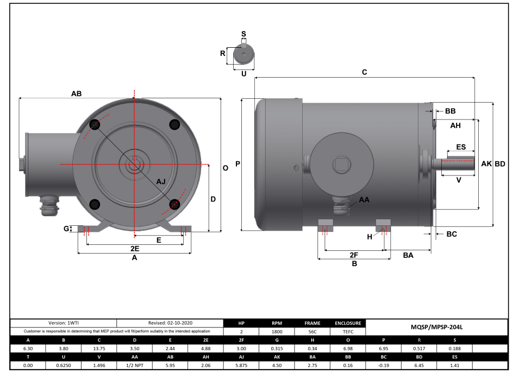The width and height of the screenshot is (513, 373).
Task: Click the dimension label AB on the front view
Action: (x=76, y=93)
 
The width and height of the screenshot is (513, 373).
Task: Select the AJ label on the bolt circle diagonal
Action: (x=161, y=181)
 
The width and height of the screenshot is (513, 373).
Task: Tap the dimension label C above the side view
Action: (x=365, y=72)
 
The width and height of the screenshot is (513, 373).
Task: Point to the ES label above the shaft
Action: (x=460, y=147)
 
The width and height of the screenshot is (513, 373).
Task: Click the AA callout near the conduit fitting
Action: (x=364, y=200)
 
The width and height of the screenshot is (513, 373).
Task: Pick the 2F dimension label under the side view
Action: (x=354, y=255)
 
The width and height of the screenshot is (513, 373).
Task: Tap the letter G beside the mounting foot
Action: (x=66, y=229)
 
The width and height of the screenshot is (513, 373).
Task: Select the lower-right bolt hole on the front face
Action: (x=174, y=204)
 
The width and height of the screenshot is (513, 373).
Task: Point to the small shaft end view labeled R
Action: (x=243, y=54)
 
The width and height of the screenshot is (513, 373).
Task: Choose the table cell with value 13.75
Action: (x=99, y=349)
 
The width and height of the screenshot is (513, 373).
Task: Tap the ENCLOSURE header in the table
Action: (x=348, y=323)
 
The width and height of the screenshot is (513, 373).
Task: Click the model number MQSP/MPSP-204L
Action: (x=436, y=327)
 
